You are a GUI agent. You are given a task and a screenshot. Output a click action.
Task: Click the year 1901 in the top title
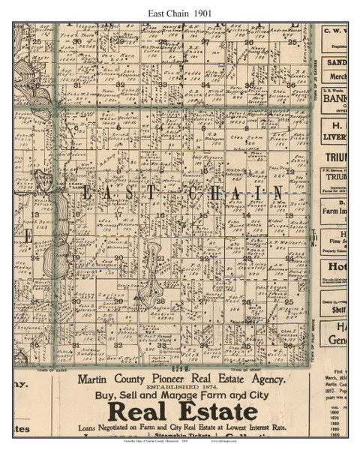coord(208,10)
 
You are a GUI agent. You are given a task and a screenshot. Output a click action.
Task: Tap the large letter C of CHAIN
coord(193,193)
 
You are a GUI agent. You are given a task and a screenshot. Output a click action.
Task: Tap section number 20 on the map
coord(118,257)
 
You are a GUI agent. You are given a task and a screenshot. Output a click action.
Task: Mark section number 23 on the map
coord(245,257)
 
